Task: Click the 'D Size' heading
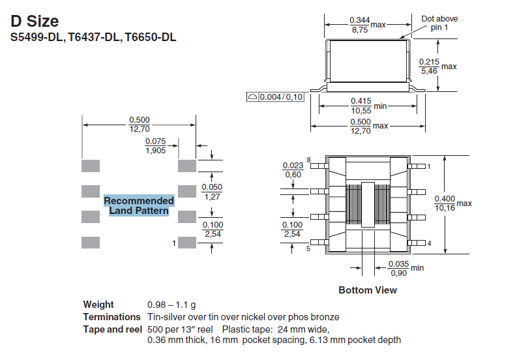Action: pyautogui.click(x=35, y=22)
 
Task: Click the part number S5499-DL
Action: pyautogui.click(x=36, y=38)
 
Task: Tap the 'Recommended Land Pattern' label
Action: pyautogui.click(x=139, y=205)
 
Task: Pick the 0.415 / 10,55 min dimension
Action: pyautogui.click(x=361, y=106)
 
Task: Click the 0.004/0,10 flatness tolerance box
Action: pyautogui.click(x=276, y=97)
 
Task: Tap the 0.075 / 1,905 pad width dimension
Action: pyautogui.click(x=155, y=145)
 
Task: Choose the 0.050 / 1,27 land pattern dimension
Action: pyautogui.click(x=213, y=192)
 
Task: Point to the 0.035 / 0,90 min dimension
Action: pyautogui.click(x=397, y=268)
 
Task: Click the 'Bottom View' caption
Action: pyautogui.click(x=368, y=290)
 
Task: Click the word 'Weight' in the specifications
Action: pyautogui.click(x=98, y=305)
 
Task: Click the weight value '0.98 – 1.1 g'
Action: pyautogui.click(x=171, y=305)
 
